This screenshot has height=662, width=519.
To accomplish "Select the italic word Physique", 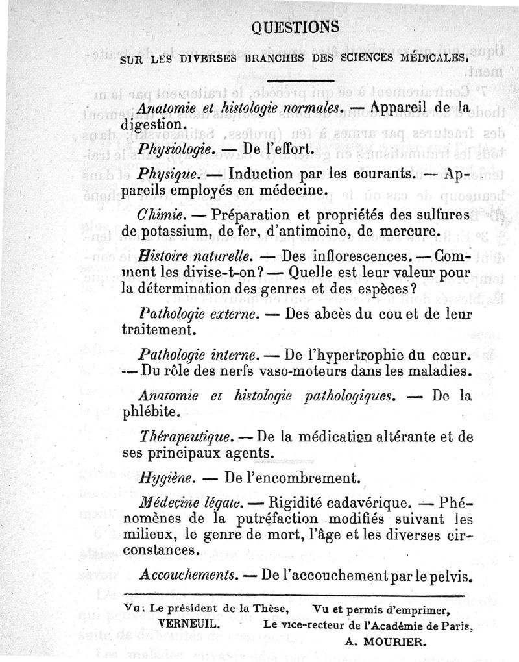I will coord(164,175).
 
